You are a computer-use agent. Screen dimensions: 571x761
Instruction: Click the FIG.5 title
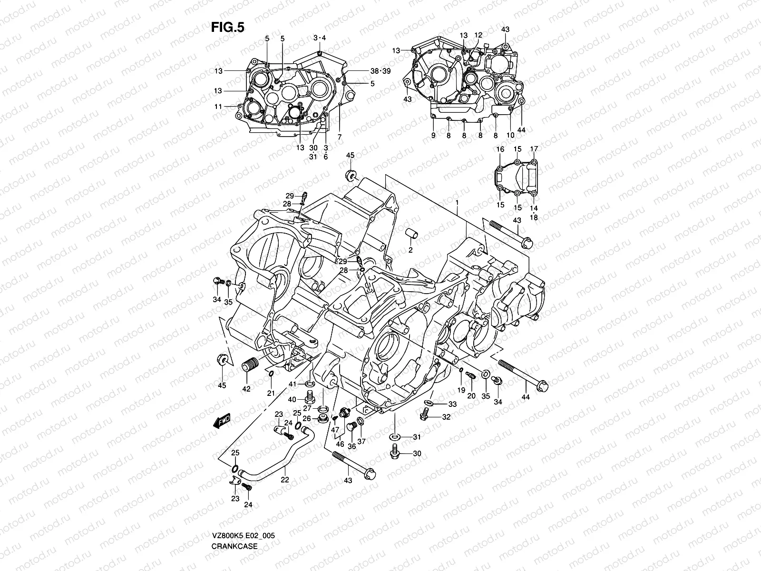coord(227,28)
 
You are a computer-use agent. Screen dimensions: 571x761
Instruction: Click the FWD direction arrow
coord(222,421)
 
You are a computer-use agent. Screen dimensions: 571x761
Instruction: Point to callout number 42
coord(246,388)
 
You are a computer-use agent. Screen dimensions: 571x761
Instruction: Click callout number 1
coord(457,202)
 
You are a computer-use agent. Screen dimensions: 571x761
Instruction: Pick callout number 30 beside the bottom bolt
coord(417,453)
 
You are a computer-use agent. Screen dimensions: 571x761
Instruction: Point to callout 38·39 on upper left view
coord(380,71)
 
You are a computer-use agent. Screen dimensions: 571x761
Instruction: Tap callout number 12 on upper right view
coord(478,35)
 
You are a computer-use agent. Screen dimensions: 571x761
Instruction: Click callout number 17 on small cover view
coord(534,149)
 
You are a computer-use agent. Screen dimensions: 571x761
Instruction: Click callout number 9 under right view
coord(433,136)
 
